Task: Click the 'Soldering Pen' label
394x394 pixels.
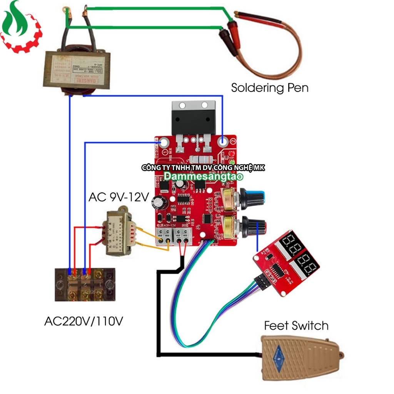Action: pos(269,88)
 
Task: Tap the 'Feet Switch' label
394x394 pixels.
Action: pos(296,326)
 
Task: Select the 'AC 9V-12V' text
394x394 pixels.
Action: pos(118,197)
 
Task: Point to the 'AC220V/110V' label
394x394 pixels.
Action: pos(83,321)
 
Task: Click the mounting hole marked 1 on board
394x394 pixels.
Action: pos(164,143)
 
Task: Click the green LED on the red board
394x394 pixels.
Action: pos(232,163)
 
